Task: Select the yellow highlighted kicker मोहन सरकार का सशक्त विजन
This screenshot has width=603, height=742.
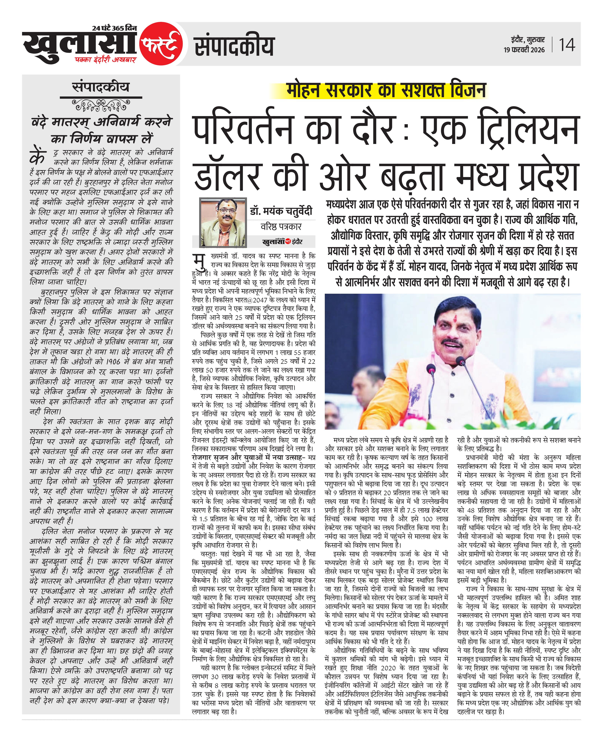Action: click(x=386, y=90)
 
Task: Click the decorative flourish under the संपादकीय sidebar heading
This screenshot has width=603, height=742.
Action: click(x=101, y=104)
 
